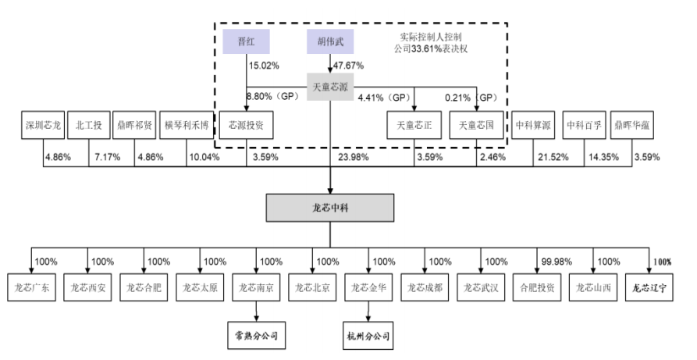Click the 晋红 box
point(246,42)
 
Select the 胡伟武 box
point(330,42)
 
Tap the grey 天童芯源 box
point(330,87)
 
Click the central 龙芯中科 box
point(330,208)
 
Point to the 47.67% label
point(348,66)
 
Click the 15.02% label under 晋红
point(264,66)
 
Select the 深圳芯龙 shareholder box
point(43,125)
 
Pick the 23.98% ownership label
point(354,157)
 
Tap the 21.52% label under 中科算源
point(553,157)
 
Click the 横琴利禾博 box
point(187,125)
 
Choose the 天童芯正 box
point(414,125)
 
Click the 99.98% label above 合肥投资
point(557,262)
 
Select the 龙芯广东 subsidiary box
point(31,287)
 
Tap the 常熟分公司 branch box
point(257,336)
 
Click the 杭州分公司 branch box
point(368,336)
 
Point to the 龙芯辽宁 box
point(649,287)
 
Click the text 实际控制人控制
point(430,37)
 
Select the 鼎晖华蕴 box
point(632,125)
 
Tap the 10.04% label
point(204,157)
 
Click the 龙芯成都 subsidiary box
point(425,287)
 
